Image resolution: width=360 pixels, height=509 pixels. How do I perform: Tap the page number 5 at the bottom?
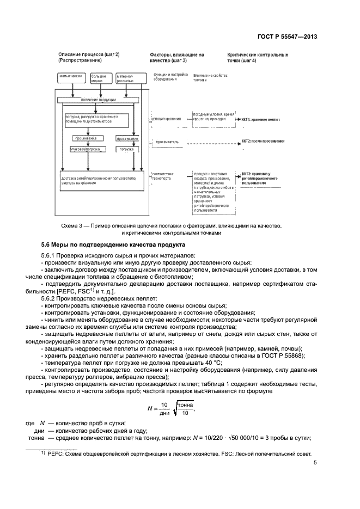coord(315,463)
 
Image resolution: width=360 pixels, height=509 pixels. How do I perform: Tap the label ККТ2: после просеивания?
coord(263,140)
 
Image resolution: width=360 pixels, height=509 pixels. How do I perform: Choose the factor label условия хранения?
coord(165,118)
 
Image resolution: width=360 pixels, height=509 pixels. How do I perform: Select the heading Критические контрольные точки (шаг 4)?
coord(258,58)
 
